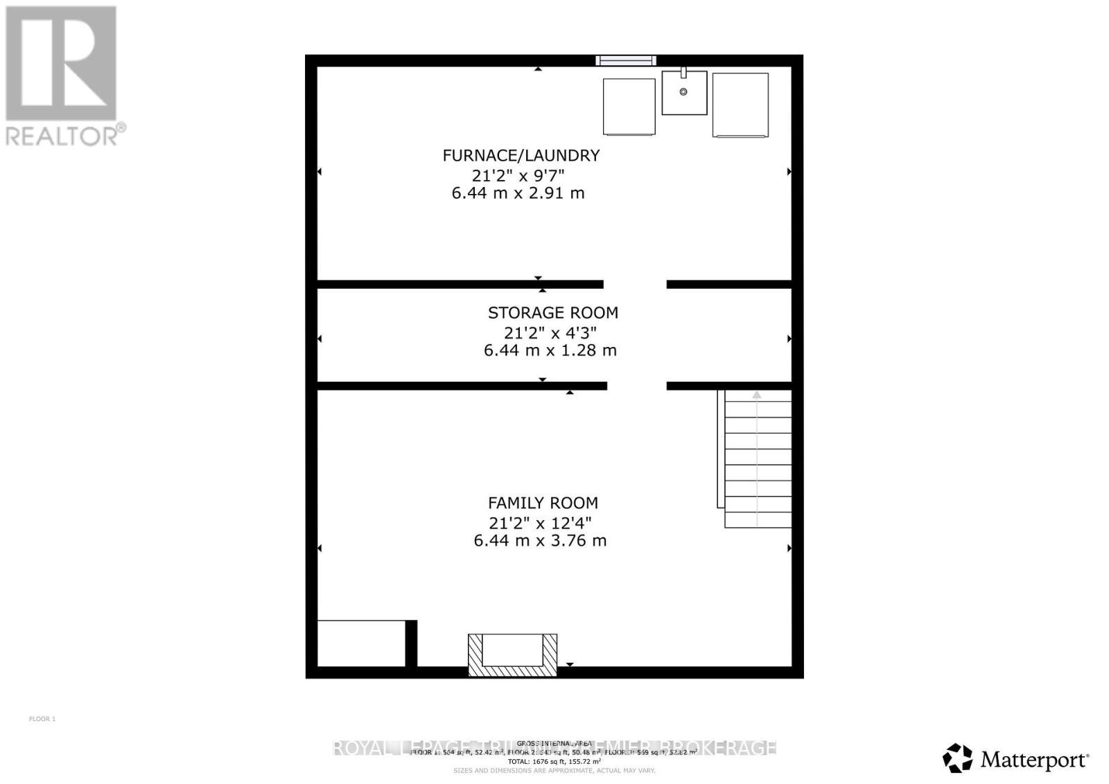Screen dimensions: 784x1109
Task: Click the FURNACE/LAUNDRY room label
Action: pos(521,155)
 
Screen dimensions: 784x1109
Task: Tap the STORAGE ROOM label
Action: pos(552,312)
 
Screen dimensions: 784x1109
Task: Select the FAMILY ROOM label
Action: pos(543,503)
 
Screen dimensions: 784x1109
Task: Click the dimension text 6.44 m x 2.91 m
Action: pos(518,193)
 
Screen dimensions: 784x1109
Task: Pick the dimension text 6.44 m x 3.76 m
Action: pos(540,540)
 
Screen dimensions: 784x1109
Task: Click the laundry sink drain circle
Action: pos(683,92)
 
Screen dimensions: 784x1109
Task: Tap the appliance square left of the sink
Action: pos(629,107)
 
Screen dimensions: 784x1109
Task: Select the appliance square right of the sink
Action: pos(740,105)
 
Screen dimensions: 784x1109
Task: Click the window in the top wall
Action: pos(626,61)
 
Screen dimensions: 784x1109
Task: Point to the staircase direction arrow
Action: pos(757,395)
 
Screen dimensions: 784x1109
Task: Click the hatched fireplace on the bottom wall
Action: pos(512,654)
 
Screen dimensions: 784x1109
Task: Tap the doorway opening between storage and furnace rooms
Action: pos(635,284)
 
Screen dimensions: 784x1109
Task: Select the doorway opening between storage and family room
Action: pos(636,386)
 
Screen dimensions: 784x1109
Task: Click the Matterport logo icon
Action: pos(958,758)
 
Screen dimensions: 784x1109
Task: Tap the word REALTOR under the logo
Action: pos(61,136)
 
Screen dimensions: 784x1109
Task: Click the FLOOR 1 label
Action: pos(42,719)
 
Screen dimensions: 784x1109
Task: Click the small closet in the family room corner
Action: pos(361,643)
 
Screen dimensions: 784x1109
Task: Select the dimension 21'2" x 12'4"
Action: pos(540,522)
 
